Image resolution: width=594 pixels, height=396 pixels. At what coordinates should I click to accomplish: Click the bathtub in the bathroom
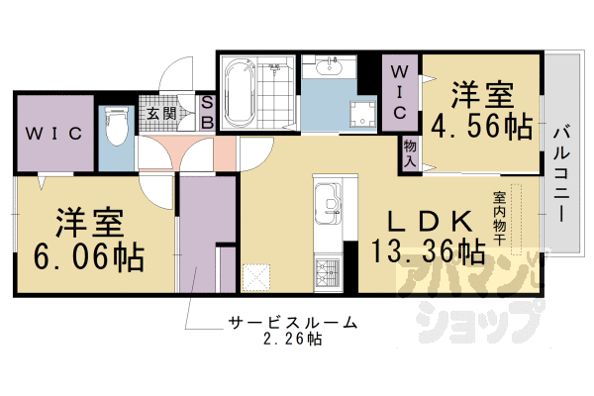coord(240,94)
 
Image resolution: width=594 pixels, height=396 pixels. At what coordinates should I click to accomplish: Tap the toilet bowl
coord(117,127)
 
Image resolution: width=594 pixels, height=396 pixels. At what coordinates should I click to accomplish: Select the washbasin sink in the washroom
coord(329,66)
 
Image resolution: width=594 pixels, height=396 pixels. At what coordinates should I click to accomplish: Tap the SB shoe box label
coord(207,112)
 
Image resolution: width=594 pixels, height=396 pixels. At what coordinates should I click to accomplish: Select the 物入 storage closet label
coord(410,153)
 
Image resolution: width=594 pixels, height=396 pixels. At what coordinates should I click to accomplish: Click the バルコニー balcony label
coord(561,173)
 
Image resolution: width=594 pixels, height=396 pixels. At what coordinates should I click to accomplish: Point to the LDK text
coord(430,221)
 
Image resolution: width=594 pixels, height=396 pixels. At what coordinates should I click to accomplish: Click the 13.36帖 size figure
coord(428,250)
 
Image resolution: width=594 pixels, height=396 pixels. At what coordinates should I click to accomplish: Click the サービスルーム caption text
coord(292,323)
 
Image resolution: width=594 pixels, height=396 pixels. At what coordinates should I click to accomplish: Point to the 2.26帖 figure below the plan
coord(292,339)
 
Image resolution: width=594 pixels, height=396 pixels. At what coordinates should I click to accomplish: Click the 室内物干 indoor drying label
coord(499,218)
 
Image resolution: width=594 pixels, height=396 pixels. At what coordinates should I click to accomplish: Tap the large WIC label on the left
coord(53,133)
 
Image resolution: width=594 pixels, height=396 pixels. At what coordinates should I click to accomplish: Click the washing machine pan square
coord(363,114)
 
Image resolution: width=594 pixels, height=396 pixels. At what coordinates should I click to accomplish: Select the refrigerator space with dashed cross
coord(256,278)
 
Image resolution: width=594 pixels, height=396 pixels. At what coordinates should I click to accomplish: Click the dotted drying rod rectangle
coord(516,219)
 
